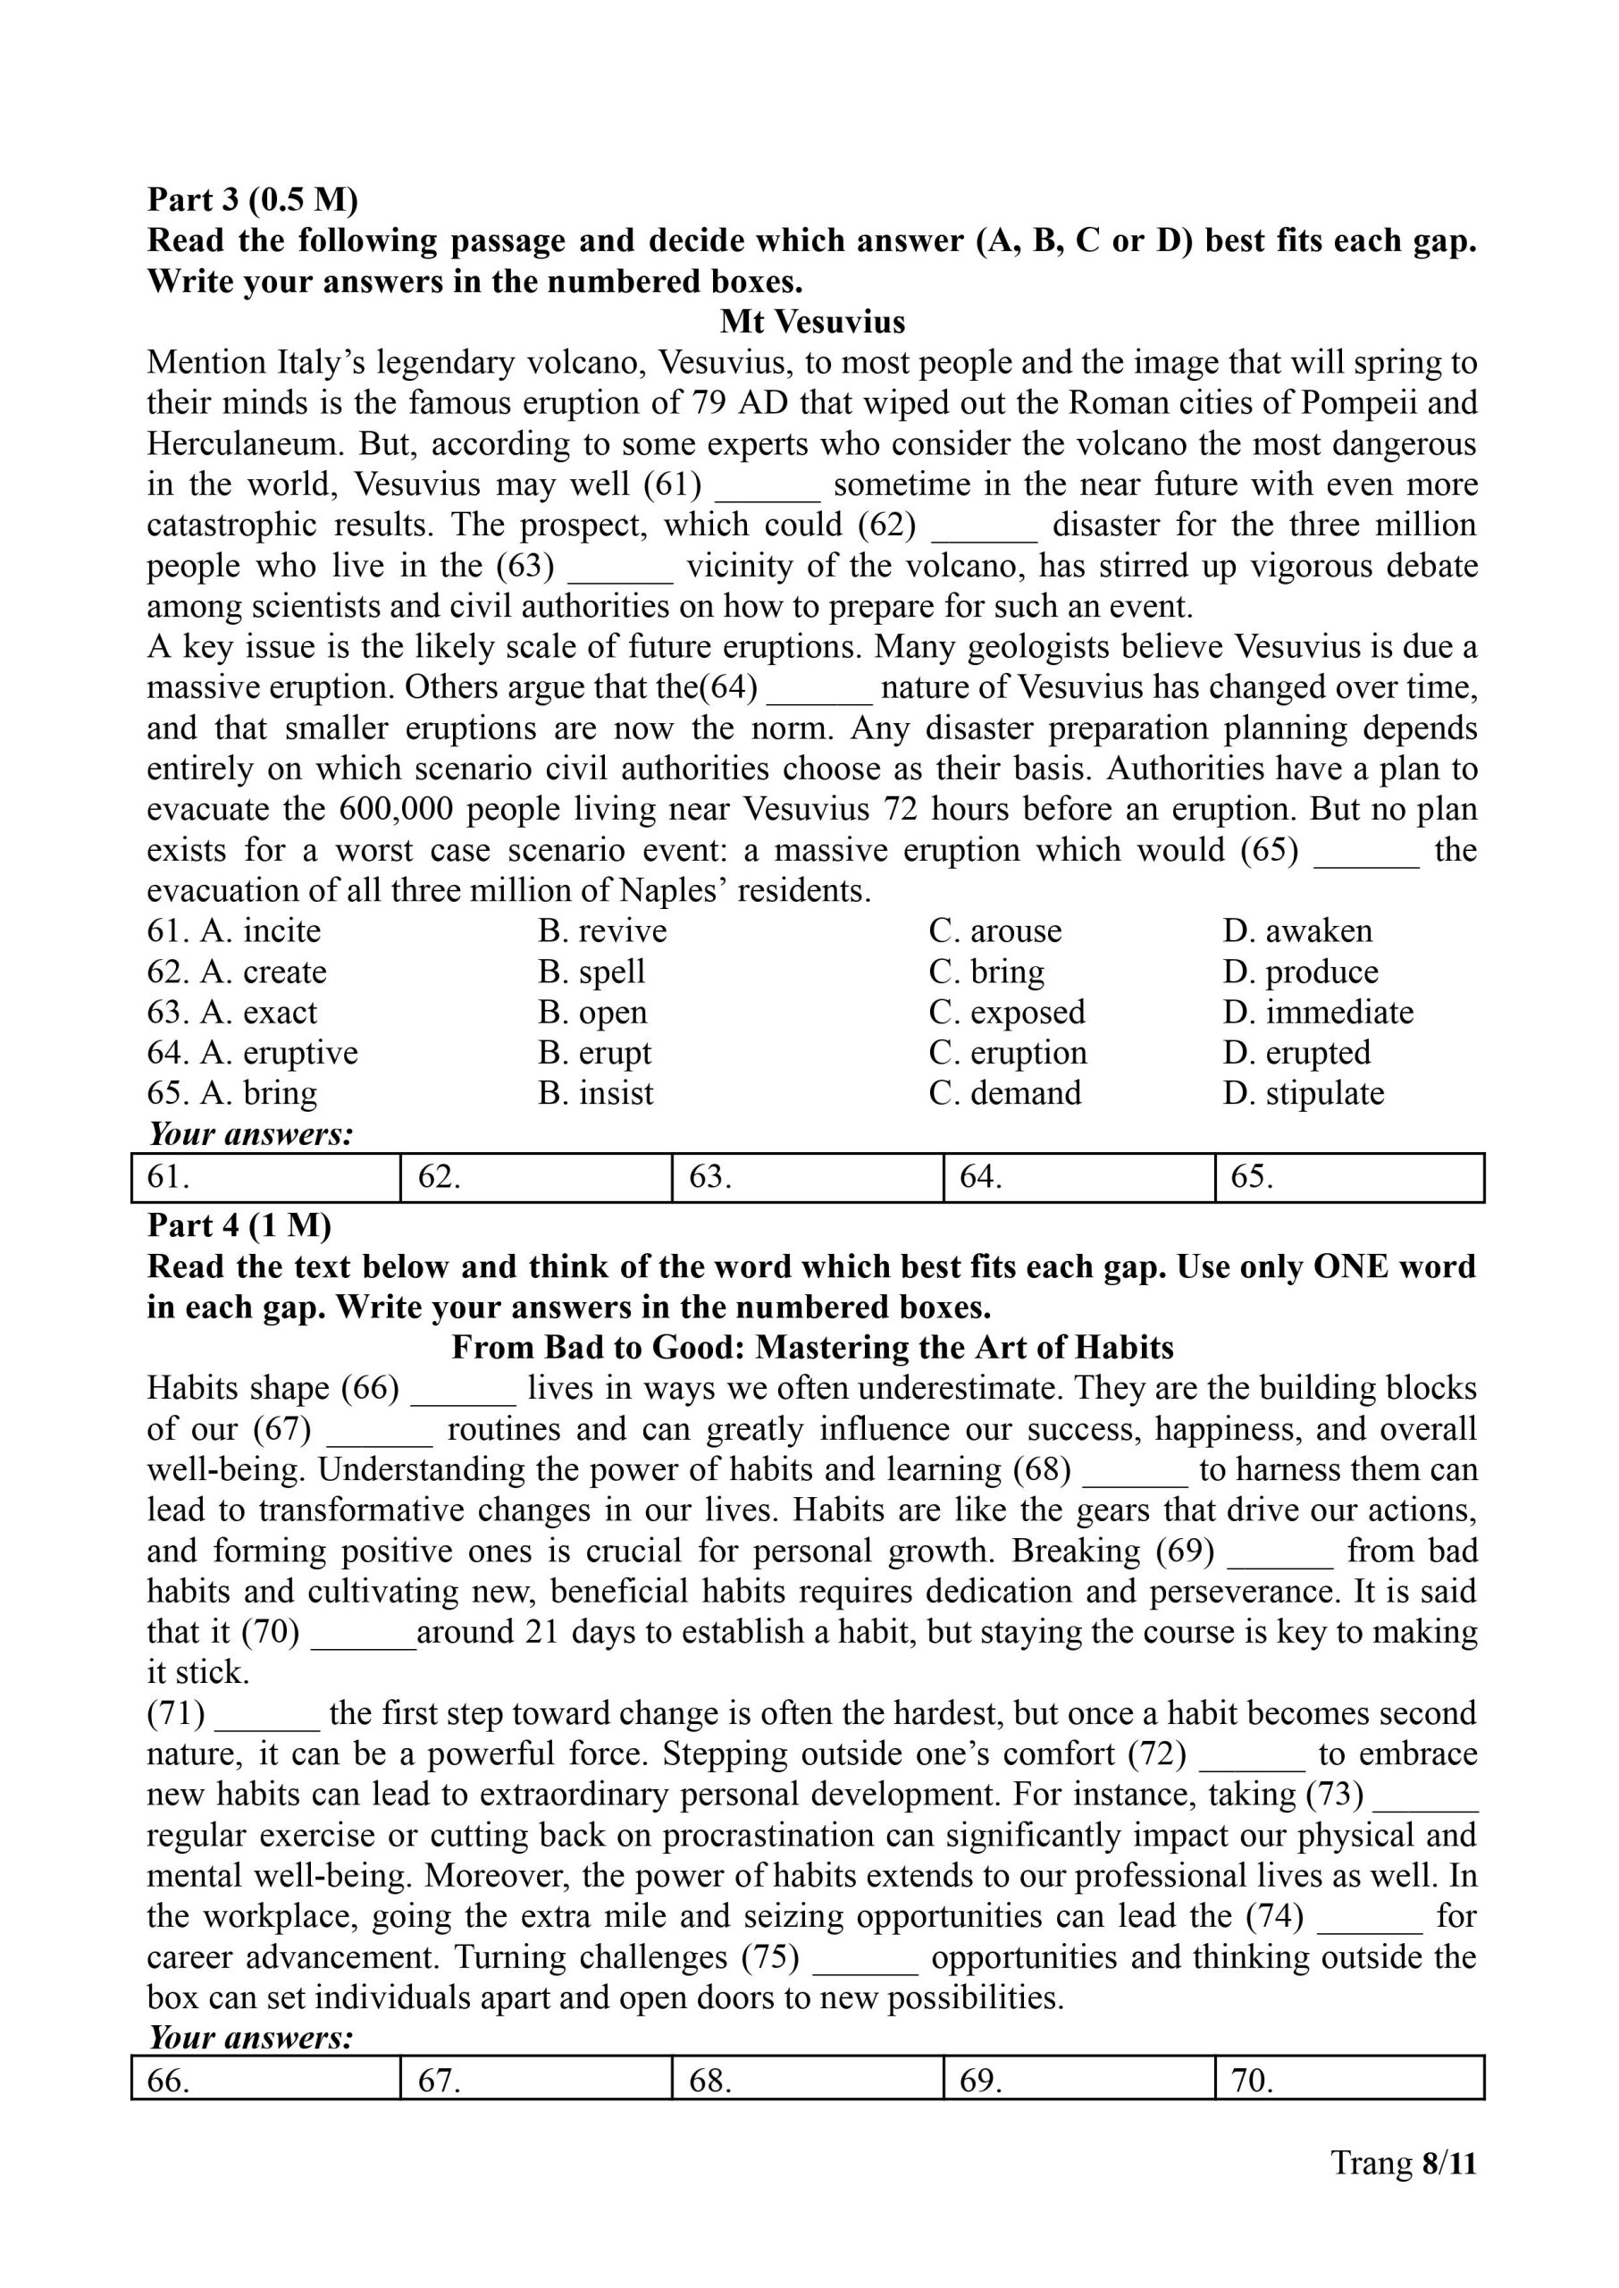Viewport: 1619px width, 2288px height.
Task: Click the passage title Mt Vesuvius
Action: (x=812, y=322)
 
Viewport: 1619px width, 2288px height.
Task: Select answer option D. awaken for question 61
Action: (x=1297, y=931)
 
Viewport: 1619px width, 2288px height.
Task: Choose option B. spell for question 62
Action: (x=591, y=972)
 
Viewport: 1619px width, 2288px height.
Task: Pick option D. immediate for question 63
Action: (x=1318, y=1013)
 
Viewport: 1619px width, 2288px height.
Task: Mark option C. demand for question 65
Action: (x=1005, y=1094)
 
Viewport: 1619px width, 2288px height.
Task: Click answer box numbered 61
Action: (x=265, y=1178)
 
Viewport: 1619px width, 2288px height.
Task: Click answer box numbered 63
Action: (x=808, y=1178)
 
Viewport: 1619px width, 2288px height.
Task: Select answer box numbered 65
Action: (x=1349, y=1178)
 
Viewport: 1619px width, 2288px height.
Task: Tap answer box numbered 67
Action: (x=536, y=2081)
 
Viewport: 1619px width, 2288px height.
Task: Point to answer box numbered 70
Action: (x=1349, y=2081)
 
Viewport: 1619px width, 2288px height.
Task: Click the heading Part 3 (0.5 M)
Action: (x=252, y=200)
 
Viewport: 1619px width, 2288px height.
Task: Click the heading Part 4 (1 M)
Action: (x=239, y=1226)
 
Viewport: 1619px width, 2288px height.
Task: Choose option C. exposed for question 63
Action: (x=1007, y=1013)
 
